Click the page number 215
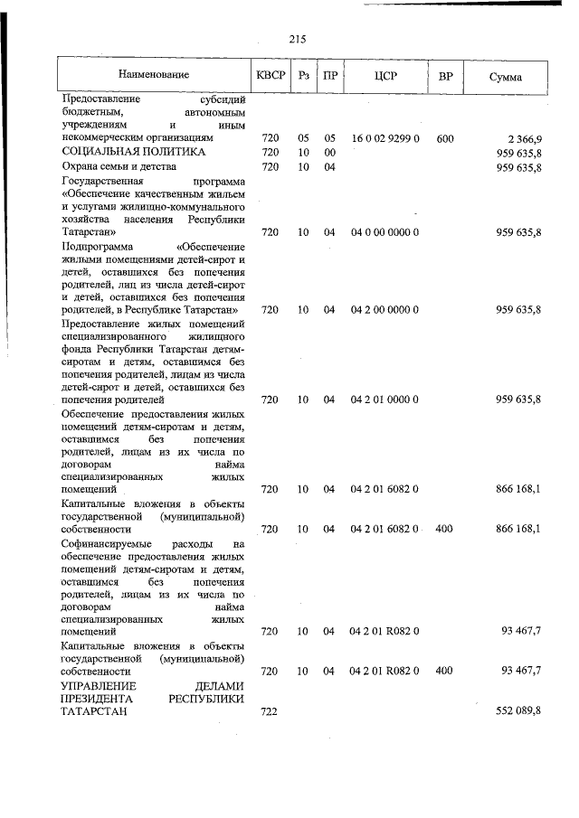pos(299,38)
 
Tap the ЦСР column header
pos(384,76)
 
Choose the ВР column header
pos(444,76)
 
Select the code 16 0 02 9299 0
pos(384,138)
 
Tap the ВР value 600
pos(444,138)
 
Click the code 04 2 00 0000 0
pos(384,310)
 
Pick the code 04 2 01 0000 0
pos(384,399)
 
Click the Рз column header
pos(303,76)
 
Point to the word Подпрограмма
pos(95,247)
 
